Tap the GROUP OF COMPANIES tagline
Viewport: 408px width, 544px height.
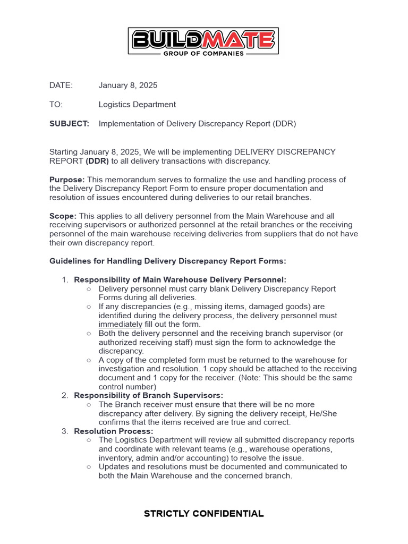[x=203, y=53]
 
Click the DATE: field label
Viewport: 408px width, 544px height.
[x=61, y=86]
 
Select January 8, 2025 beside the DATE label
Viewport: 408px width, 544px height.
[x=128, y=86]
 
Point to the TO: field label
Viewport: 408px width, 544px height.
[x=56, y=105]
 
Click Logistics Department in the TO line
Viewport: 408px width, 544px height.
[x=137, y=105]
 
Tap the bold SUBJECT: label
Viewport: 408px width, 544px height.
[x=69, y=124]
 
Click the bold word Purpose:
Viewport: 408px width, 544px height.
[x=67, y=180]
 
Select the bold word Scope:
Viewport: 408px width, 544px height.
[x=63, y=216]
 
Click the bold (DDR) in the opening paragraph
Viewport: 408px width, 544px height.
[x=97, y=161]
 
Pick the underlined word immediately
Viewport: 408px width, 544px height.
[x=120, y=325]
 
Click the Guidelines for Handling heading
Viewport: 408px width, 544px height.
[x=167, y=261]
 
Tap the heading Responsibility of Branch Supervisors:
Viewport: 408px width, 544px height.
[x=148, y=395]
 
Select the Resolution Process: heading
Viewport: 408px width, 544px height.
[x=113, y=431]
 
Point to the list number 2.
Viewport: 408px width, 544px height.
[x=64, y=395]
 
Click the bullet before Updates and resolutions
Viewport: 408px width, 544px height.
[x=89, y=467]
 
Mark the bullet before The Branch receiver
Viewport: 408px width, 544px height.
[x=89, y=405]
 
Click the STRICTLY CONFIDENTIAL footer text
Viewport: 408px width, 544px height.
[x=203, y=514]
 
